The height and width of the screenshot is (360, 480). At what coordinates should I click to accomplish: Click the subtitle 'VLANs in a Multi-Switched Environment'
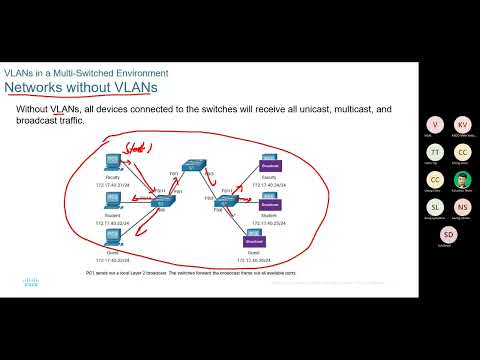pyautogui.click(x=86, y=73)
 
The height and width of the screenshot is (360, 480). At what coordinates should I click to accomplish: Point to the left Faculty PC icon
pyautogui.click(x=112, y=159)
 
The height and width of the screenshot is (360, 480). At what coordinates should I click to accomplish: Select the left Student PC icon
pyautogui.click(x=112, y=199)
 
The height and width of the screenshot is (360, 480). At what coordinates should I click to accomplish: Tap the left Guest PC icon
pyautogui.click(x=112, y=236)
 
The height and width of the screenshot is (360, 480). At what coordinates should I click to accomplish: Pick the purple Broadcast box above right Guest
pyautogui.click(x=253, y=240)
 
